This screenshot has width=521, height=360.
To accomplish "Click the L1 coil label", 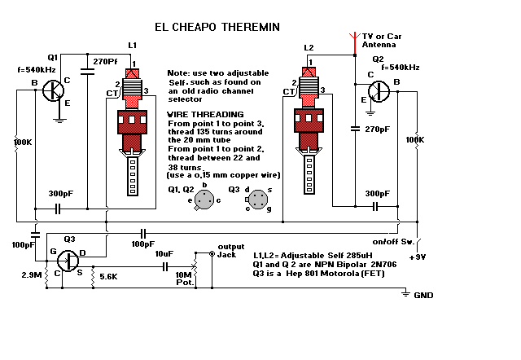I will coord(133,42).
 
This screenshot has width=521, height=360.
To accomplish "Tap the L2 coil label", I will coord(308,48).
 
